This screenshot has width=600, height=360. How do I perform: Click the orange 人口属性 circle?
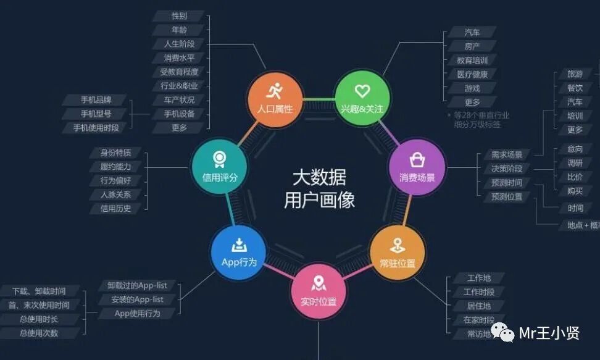point(275,99)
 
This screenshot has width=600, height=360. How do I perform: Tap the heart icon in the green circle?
point(362,91)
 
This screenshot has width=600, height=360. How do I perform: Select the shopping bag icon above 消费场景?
point(417,161)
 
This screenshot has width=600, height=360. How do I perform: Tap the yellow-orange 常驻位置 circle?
point(398,253)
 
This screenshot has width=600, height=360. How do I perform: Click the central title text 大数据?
point(319,178)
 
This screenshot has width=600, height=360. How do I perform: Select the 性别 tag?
point(180,16)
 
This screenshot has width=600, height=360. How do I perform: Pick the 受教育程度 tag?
point(179,72)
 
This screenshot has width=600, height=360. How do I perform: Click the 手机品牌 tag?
point(96,100)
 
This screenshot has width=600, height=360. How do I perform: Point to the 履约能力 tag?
point(115,167)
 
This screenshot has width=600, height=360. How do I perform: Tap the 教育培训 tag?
point(472,61)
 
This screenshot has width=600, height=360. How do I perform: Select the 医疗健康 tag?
point(472,74)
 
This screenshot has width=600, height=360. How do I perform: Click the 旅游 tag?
point(575,74)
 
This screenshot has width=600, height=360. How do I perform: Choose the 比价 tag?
point(575,177)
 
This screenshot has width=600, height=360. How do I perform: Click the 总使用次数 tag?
point(39,333)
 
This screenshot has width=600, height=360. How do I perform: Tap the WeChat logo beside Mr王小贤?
point(506,334)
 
